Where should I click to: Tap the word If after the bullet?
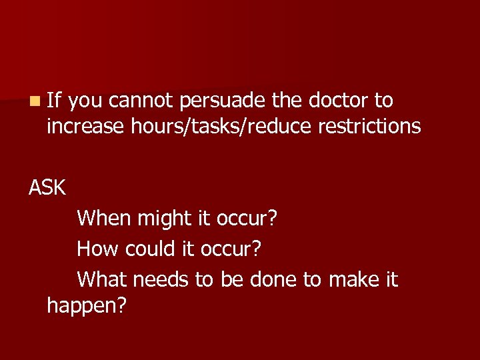(54, 101)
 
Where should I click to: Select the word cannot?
(140, 101)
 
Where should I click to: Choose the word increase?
(85, 125)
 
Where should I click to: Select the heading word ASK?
(47, 188)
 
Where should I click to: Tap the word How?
(96, 249)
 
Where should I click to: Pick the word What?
(102, 279)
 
